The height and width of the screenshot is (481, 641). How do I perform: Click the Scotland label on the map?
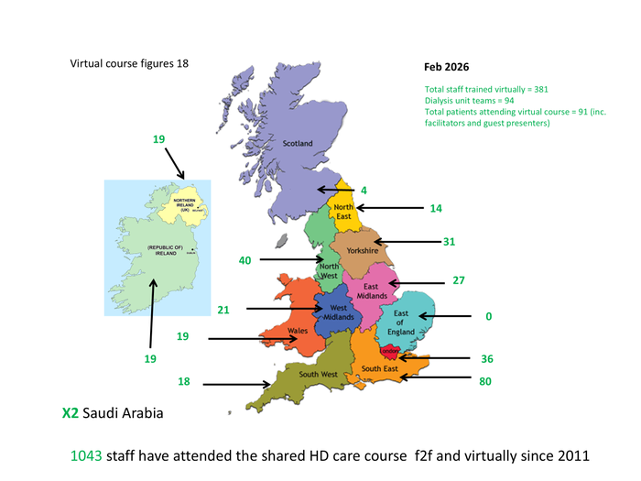click(297, 144)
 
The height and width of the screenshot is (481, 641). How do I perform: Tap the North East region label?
click(344, 213)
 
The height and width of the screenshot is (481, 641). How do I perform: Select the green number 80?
click(486, 377)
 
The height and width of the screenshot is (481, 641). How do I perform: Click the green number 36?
click(486, 358)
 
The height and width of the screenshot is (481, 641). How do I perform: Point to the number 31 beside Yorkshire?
click(449, 242)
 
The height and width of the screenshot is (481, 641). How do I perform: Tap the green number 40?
click(244, 260)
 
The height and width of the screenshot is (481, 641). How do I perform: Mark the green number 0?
click(489, 316)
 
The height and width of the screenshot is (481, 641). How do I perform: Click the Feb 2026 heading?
click(446, 68)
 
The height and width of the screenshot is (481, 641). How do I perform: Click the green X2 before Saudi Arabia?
click(70, 413)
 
